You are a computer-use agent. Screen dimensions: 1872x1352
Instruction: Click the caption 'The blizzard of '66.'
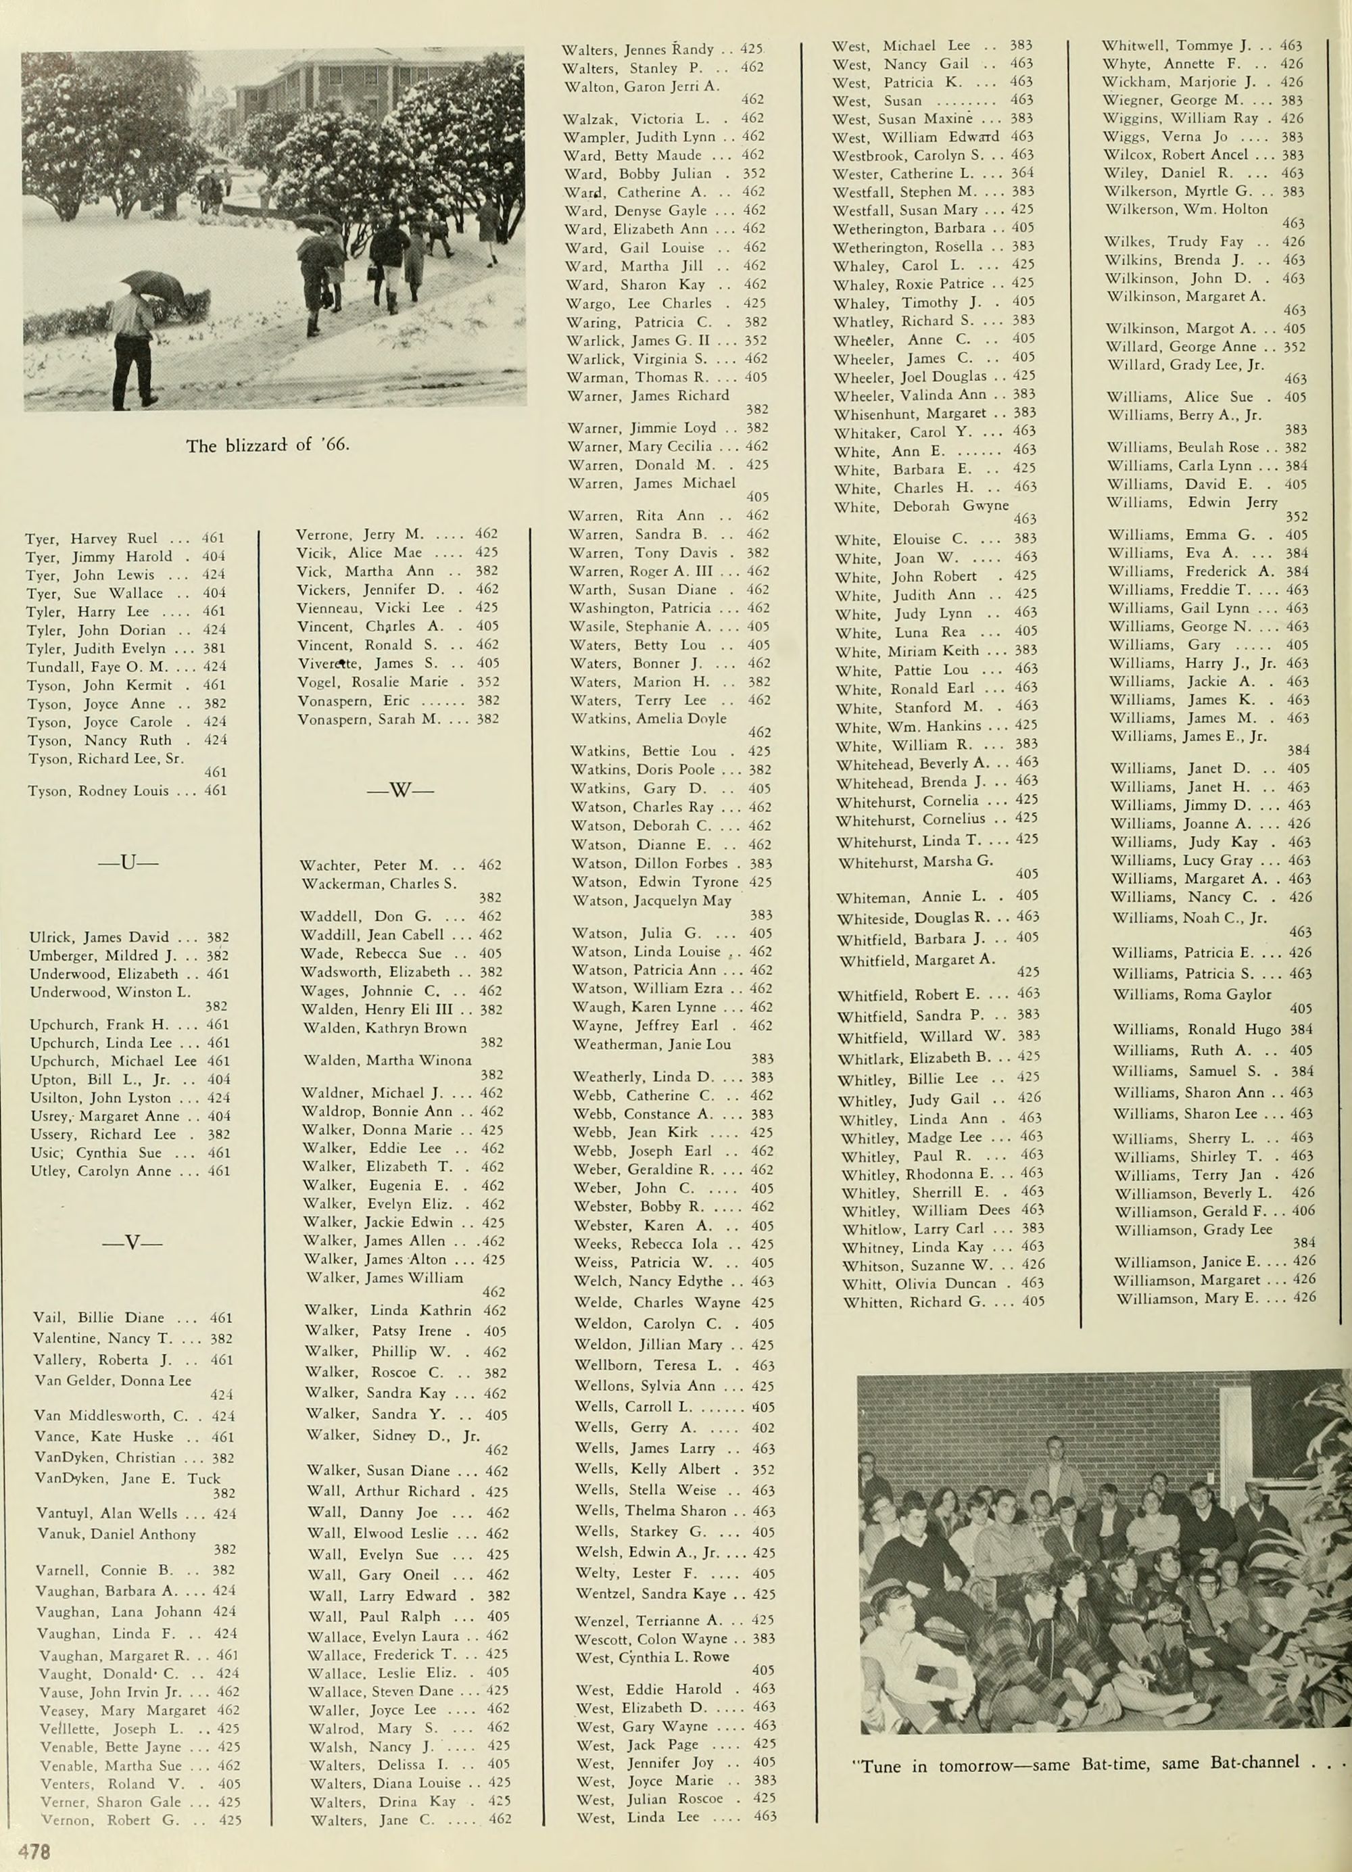pyautogui.click(x=268, y=446)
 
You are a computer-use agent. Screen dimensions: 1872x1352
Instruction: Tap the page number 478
pyautogui.click(x=37, y=1850)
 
